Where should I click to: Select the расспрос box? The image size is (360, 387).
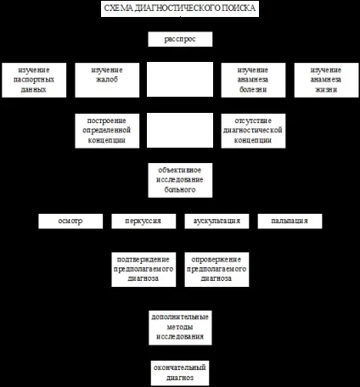click(x=180, y=39)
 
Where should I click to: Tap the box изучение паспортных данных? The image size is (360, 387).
click(x=34, y=80)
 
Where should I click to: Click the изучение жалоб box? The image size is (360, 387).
click(x=107, y=80)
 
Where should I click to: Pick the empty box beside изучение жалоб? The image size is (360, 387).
click(x=180, y=79)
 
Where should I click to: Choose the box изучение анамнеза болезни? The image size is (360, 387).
click(x=253, y=80)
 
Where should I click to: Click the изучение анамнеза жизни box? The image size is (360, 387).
click(x=326, y=80)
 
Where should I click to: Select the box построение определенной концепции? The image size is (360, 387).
click(x=107, y=131)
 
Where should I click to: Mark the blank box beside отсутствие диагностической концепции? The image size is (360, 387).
click(x=180, y=130)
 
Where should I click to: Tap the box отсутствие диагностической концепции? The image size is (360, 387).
click(x=253, y=131)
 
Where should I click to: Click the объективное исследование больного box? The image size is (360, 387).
click(x=180, y=180)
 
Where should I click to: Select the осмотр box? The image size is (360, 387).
click(x=70, y=221)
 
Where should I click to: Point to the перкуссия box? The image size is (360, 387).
click(x=143, y=221)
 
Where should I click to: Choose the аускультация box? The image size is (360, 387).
click(x=217, y=221)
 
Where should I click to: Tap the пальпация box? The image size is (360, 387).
click(x=290, y=221)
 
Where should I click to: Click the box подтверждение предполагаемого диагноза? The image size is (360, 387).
click(x=143, y=270)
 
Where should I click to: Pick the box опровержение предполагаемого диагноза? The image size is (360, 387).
click(x=217, y=270)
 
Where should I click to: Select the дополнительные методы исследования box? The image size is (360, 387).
click(x=180, y=328)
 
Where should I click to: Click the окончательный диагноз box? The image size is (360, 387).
click(x=180, y=373)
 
